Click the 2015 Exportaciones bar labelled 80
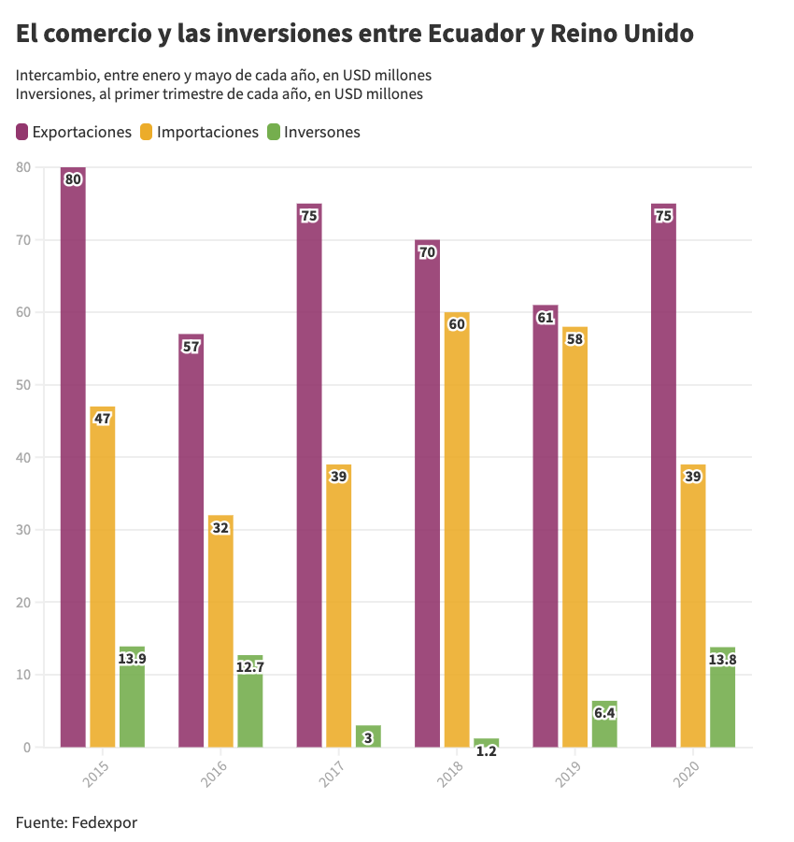[x=73, y=458]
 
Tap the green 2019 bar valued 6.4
[x=604, y=724]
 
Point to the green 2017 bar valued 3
[x=368, y=736]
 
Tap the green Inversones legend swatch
[x=274, y=132]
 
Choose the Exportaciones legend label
[x=81, y=132]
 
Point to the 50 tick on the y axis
[x=22, y=385]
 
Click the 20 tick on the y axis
[x=22, y=603]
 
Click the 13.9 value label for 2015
[x=132, y=658]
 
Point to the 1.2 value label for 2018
[x=486, y=750]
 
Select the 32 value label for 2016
[x=220, y=527]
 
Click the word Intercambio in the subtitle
[x=56, y=75]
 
